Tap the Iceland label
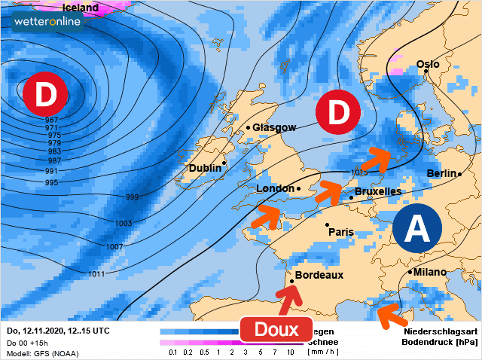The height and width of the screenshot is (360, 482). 81,8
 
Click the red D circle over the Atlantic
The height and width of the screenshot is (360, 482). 45,95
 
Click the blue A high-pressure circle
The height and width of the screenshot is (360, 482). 417,227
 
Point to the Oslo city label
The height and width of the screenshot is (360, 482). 428,65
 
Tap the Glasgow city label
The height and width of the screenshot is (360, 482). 274,128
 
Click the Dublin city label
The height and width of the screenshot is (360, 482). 205,168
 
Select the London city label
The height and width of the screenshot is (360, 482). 275,188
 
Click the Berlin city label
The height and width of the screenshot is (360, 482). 442,174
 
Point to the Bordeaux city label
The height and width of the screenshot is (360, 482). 319,276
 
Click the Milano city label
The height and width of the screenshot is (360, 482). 429,272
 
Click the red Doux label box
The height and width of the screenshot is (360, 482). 276,329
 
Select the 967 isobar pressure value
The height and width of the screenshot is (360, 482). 52,121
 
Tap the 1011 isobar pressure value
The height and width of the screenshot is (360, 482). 96,273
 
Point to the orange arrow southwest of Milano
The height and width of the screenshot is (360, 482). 392,315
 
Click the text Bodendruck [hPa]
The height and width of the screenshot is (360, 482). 441,342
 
